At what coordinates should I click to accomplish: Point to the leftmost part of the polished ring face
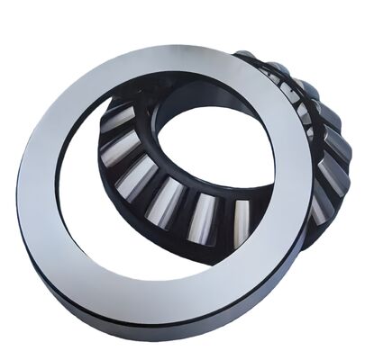pyautogui.click(x=36, y=180)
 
